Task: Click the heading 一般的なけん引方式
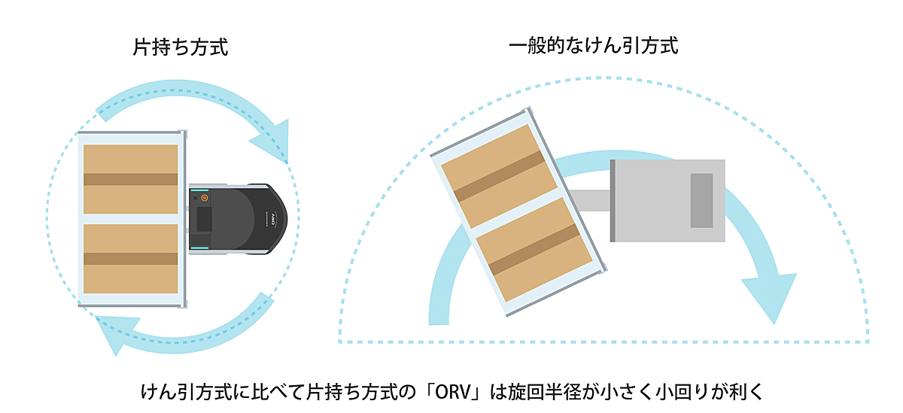click(593, 47)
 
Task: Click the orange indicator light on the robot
click(204, 198)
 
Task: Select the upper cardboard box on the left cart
click(130, 179)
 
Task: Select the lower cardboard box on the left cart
click(130, 258)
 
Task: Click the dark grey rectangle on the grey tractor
click(701, 200)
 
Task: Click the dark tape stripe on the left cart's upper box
click(130, 179)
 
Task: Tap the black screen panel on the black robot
click(204, 220)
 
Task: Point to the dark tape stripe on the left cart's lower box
click(130, 258)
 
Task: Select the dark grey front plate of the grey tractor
click(613, 201)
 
